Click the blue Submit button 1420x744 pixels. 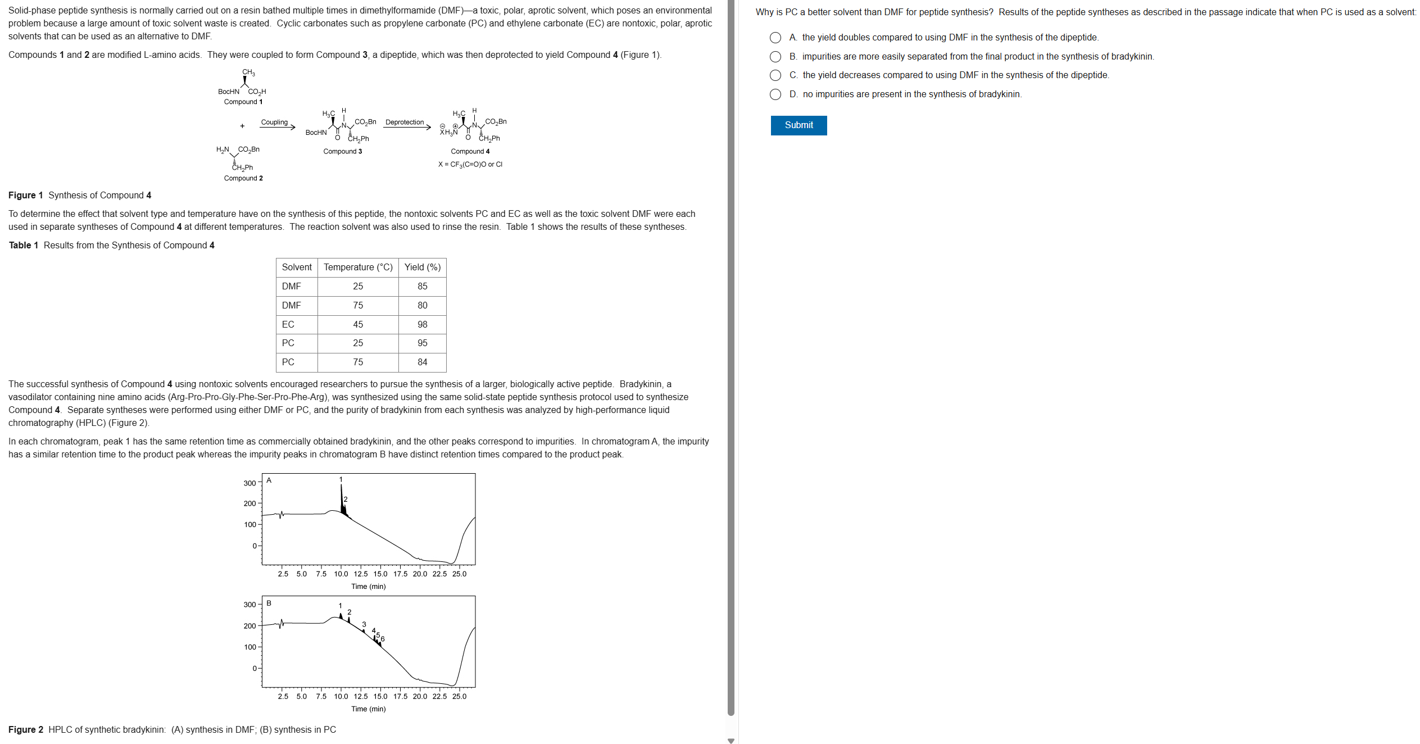(798, 125)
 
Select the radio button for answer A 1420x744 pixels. (775, 38)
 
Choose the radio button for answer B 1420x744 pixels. (775, 57)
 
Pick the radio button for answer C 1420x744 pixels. (775, 75)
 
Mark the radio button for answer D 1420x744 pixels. (775, 94)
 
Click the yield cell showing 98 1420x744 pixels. (422, 324)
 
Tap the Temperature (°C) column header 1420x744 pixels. (358, 267)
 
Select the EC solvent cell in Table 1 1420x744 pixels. (288, 324)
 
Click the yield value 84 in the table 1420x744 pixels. (422, 362)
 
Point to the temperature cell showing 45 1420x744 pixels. (358, 324)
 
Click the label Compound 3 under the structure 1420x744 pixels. (342, 152)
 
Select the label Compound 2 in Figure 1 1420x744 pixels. (243, 178)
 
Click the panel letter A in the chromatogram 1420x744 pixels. (269, 480)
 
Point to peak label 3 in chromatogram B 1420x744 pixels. (364, 624)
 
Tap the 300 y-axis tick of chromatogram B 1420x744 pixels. (249, 605)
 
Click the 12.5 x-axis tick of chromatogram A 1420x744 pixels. (361, 574)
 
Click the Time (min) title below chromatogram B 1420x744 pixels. (368, 709)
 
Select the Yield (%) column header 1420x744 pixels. (422, 267)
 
